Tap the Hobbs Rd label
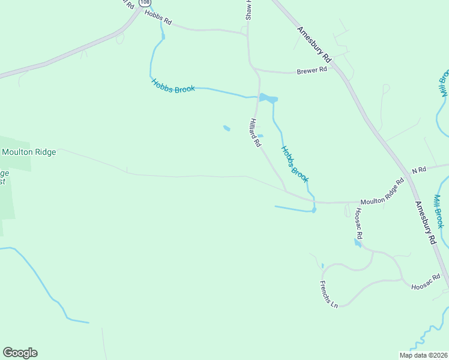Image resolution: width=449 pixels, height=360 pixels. tap(158, 19)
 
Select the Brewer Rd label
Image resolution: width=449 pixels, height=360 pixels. tap(312, 70)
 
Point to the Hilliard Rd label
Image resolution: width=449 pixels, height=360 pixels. tap(255, 133)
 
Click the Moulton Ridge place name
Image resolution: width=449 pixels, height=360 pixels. tap(29, 152)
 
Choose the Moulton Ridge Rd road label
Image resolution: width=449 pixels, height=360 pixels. tap(382, 193)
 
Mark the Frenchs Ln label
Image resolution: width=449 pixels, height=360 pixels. tap(329, 294)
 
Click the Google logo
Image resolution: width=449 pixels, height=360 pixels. tap(20, 353)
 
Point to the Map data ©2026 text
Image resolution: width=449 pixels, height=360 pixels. tap(423, 355)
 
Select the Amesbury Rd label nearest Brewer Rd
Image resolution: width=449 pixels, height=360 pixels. tap(314, 44)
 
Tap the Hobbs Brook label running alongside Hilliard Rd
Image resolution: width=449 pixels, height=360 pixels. tap(294, 164)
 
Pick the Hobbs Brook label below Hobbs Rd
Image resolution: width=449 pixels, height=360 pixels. tap(173, 86)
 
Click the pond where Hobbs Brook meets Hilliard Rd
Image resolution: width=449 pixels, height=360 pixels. tap(267, 98)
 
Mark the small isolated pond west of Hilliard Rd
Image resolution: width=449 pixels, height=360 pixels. tap(226, 128)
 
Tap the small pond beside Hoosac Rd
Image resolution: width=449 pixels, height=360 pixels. tap(358, 243)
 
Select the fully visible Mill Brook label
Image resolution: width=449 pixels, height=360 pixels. tap(439, 211)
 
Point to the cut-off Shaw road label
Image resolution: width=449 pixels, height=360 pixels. tap(249, 10)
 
